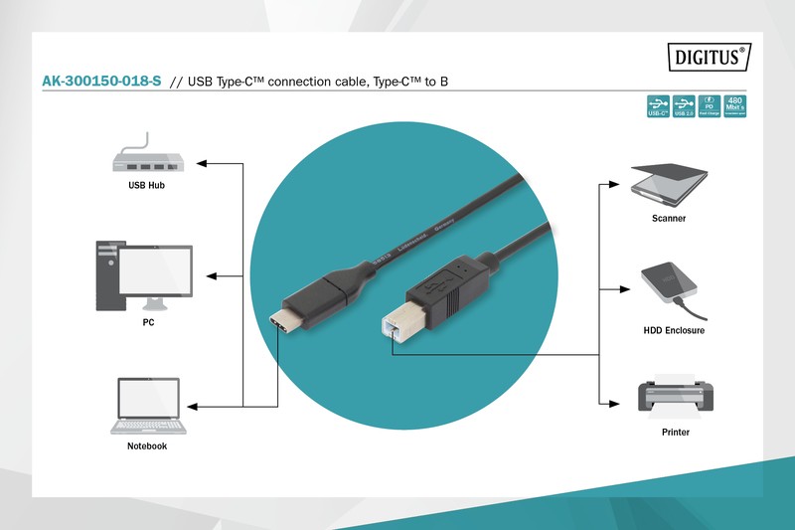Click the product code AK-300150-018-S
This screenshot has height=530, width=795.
click(101, 81)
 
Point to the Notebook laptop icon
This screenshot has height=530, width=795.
click(147, 406)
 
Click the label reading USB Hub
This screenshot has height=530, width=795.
click(146, 186)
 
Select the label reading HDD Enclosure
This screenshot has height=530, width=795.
click(674, 330)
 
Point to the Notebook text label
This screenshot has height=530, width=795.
click(147, 446)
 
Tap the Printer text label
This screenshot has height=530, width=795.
click(676, 433)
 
